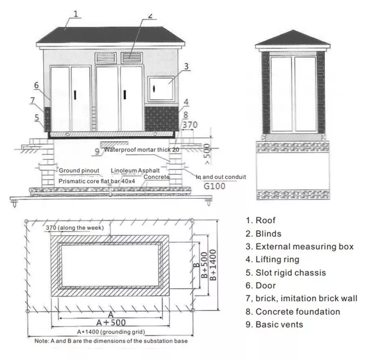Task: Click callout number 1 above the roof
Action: coord(76,14)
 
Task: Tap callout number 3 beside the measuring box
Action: coord(186,66)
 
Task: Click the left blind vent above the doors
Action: coord(106,58)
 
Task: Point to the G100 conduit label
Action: coord(214,186)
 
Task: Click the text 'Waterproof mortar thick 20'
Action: coord(142,150)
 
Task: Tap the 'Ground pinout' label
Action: coord(79,170)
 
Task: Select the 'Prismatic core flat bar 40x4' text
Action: coord(97,181)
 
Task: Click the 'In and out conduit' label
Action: coord(221,177)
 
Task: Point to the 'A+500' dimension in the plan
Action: coord(111,322)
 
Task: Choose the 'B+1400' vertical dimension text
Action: coord(213,265)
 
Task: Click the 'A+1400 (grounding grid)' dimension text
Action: coord(111,332)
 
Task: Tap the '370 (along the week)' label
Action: coord(75,228)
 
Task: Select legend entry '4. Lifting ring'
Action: coord(272,260)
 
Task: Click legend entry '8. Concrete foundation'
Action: coord(293,312)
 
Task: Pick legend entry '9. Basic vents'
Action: coord(274,324)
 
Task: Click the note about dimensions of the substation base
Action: coord(111,341)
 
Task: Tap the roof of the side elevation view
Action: coord(293,38)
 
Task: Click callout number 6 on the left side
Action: coord(36,85)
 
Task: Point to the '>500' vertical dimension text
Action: coord(207,154)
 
